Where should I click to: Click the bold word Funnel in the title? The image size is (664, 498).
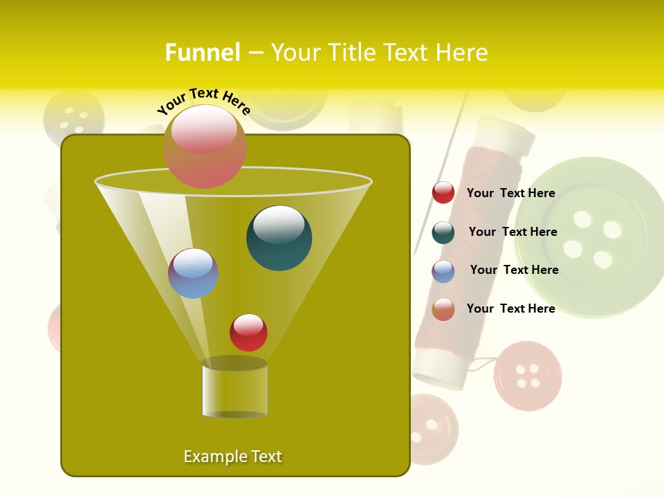point(202,53)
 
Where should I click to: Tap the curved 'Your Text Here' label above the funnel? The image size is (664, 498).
point(204,100)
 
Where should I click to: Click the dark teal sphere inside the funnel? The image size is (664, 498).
point(279,238)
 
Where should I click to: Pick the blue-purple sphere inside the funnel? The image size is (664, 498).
point(193,273)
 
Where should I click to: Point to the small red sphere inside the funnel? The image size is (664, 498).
point(248,332)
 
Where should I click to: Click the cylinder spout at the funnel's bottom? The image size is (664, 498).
point(234,389)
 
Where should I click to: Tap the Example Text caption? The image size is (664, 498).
point(232,456)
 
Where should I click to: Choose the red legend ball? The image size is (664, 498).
point(443,193)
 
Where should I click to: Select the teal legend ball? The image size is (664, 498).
point(443,232)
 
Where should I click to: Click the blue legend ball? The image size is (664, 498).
point(443,271)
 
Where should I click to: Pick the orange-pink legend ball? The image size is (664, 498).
point(443,309)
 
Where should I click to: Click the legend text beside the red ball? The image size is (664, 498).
point(510,193)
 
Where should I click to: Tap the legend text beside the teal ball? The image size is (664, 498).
point(513,232)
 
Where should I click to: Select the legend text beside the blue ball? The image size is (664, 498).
point(514,270)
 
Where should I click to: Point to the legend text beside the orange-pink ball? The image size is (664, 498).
point(510,308)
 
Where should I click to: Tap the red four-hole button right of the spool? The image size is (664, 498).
point(527,376)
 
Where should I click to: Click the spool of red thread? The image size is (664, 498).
point(477,249)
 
